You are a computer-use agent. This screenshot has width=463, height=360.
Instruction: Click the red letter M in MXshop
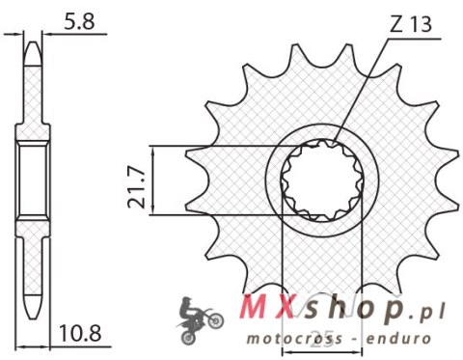247,308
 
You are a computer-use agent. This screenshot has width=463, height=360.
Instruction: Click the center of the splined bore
319,180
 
